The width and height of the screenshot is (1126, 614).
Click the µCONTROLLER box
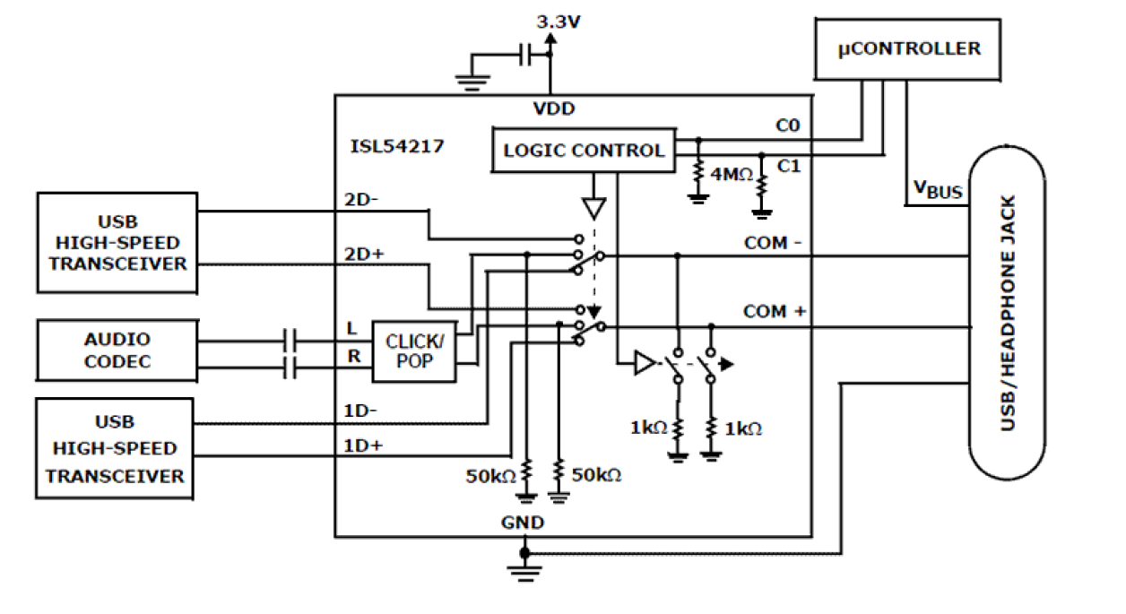(x=908, y=48)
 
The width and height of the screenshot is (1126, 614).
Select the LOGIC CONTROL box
(x=584, y=150)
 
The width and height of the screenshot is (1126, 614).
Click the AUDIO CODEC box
(x=117, y=350)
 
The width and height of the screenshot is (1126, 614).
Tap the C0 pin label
(x=788, y=127)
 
